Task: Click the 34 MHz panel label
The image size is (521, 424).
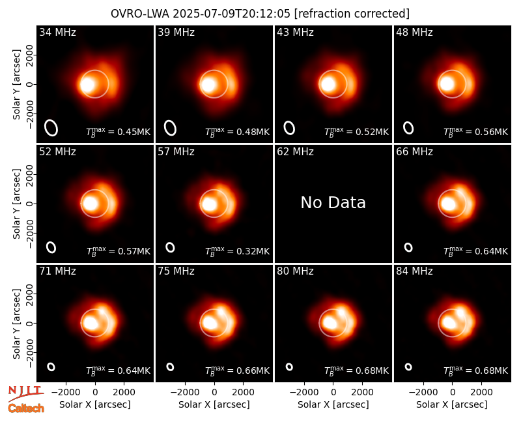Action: tap(57, 32)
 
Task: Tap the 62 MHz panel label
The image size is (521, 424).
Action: tap(295, 152)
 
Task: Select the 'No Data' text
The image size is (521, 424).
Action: tap(333, 202)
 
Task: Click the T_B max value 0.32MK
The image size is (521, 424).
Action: tap(237, 251)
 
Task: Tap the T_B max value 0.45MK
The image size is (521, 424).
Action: tap(119, 132)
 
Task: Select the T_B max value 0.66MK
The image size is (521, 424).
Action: tap(237, 370)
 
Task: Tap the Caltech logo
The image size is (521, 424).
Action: tap(26, 408)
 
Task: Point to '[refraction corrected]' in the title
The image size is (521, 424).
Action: tap(352, 14)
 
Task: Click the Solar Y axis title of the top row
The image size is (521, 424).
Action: tap(16, 85)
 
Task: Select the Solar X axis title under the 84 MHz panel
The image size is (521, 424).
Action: tap(452, 404)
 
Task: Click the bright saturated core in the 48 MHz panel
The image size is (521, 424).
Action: tap(447, 83)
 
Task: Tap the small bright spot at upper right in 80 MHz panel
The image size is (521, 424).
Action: tap(341, 312)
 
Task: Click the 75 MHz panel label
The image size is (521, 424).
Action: tap(176, 271)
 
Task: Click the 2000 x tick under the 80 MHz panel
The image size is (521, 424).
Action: tap(362, 392)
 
